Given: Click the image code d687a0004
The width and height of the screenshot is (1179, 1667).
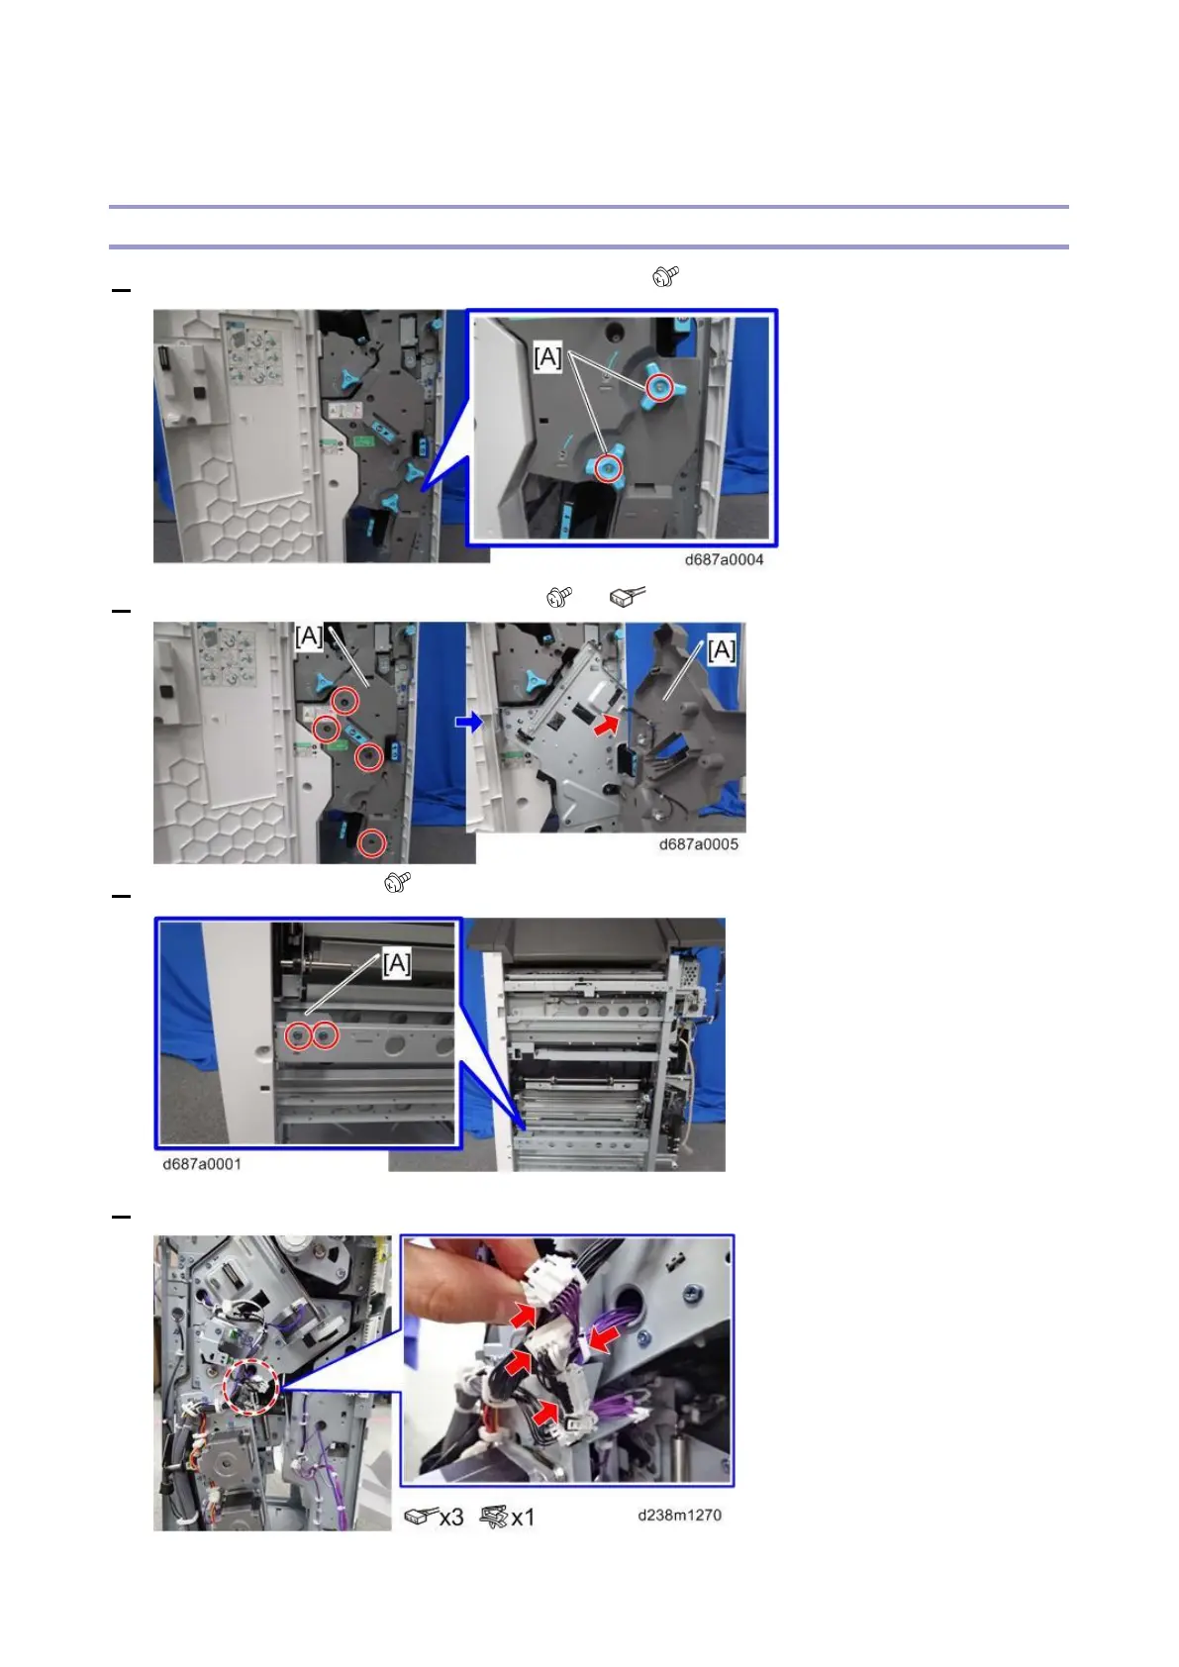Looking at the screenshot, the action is coord(724,559).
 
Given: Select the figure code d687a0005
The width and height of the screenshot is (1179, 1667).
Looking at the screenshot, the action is coord(698,844).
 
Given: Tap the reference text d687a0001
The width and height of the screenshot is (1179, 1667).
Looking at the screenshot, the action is coord(202,1164).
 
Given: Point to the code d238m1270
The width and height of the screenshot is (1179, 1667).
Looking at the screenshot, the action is coord(679,1516).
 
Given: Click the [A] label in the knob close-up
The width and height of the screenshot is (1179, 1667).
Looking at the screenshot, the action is coord(547,357).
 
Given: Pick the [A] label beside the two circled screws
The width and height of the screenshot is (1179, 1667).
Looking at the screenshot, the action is coord(397,964).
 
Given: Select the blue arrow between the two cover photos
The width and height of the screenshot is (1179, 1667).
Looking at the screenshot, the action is coord(469,722).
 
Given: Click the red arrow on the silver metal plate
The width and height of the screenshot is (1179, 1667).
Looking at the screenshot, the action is coord(606,724).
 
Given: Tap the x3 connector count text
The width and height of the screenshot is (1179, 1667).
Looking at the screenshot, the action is coord(451,1517).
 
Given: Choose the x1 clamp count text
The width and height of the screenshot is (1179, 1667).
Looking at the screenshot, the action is coord(523,1517).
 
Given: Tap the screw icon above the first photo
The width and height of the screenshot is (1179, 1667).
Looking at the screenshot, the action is coord(665,276).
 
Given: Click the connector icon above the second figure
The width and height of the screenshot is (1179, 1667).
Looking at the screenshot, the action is coord(627,596).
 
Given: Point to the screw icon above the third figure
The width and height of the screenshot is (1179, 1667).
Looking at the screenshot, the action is coord(398,882).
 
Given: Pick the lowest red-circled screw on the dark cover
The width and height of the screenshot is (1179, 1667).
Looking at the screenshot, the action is coord(371,843).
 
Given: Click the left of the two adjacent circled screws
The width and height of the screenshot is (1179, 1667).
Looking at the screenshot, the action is coord(299,1035).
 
